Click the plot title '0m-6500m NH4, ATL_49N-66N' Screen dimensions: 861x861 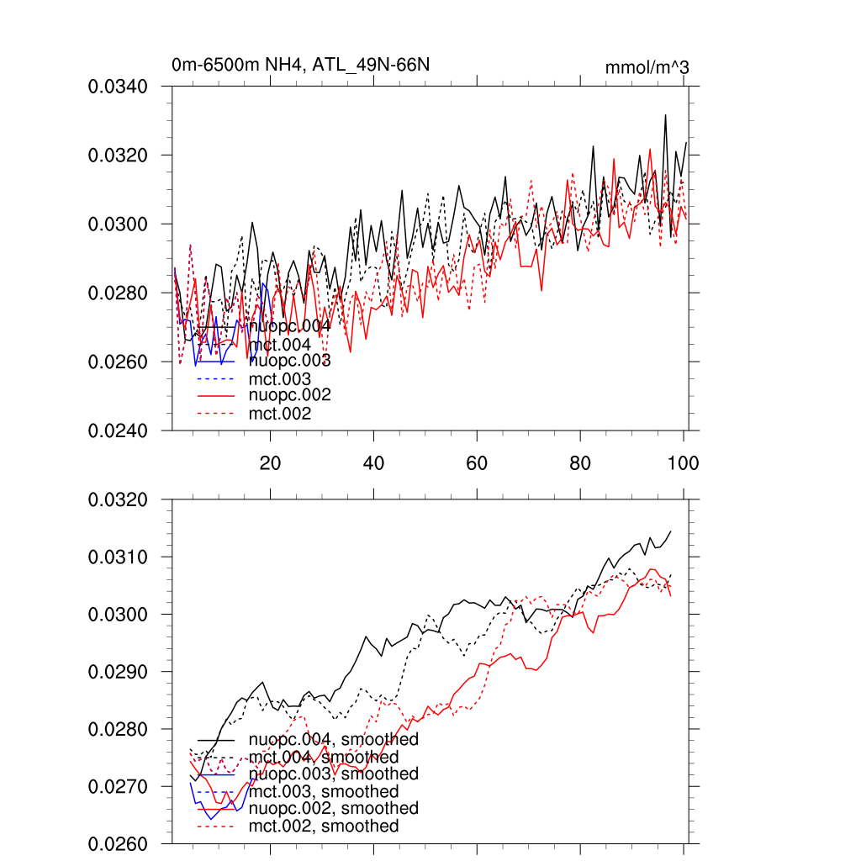click(x=302, y=65)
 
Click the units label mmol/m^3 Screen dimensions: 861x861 click(x=647, y=66)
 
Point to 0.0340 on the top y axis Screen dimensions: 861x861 click(x=119, y=87)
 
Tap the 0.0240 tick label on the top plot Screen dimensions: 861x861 click(x=119, y=430)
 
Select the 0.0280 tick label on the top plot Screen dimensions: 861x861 click(x=119, y=293)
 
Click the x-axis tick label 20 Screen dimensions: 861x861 click(x=270, y=462)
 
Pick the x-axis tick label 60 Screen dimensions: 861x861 click(x=477, y=462)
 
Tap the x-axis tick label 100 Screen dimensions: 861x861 click(x=683, y=462)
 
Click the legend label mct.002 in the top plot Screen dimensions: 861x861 click(x=280, y=414)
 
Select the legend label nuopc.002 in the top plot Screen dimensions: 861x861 click(x=289, y=395)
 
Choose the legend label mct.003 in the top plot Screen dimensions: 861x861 click(x=280, y=379)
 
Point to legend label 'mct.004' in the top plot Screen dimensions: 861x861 click(x=280, y=345)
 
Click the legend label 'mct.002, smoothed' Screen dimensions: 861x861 click(x=324, y=827)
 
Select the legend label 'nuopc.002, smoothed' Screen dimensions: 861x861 click(x=333, y=808)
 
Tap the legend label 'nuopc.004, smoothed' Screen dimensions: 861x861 click(x=333, y=740)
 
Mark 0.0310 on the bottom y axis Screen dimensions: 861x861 click(x=119, y=557)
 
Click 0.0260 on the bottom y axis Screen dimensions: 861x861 click(x=119, y=843)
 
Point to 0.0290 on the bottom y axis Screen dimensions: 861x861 click(x=119, y=672)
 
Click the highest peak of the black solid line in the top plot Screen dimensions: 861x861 click(x=665, y=115)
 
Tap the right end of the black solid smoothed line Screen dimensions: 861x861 click(x=671, y=531)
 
